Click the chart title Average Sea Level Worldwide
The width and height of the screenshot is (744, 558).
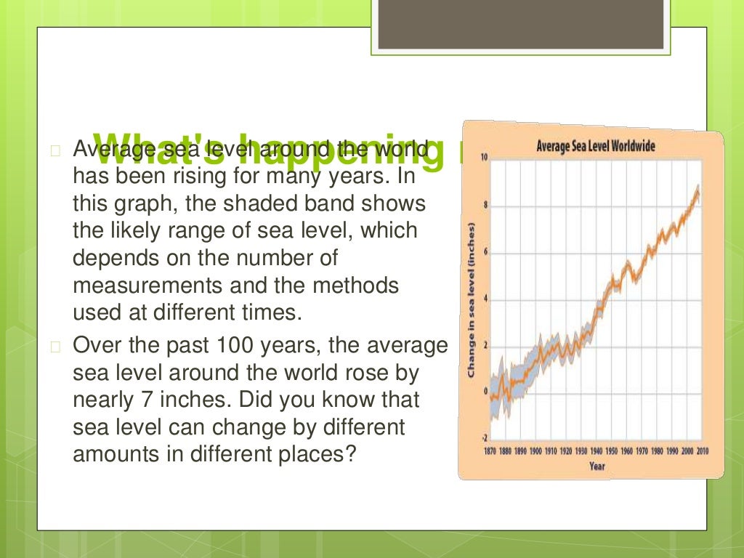tap(595, 146)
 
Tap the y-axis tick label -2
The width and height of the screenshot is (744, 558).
tap(484, 439)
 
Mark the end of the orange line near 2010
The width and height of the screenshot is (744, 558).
tap(699, 187)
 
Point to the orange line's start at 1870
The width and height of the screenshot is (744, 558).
tap(491, 397)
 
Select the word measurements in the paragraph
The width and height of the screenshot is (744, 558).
tap(133, 286)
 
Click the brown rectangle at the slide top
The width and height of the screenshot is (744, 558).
tap(522, 25)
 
